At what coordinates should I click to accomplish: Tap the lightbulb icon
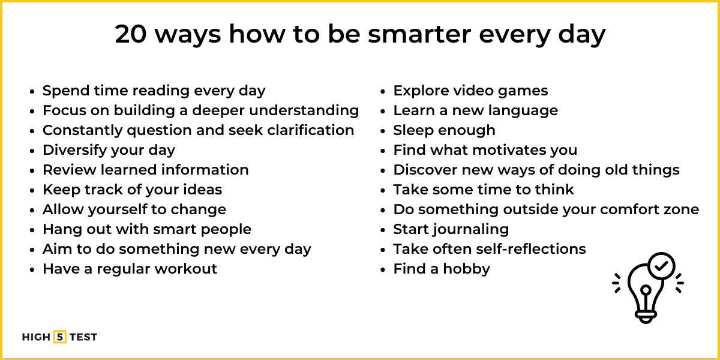647,288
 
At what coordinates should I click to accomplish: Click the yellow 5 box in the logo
59,337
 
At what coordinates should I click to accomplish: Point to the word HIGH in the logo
36,337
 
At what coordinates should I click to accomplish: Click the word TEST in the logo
83,337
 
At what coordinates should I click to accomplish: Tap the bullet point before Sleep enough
385,131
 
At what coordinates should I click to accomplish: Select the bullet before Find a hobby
385,270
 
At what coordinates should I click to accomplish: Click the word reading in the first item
160,91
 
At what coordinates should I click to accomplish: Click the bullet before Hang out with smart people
34,230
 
